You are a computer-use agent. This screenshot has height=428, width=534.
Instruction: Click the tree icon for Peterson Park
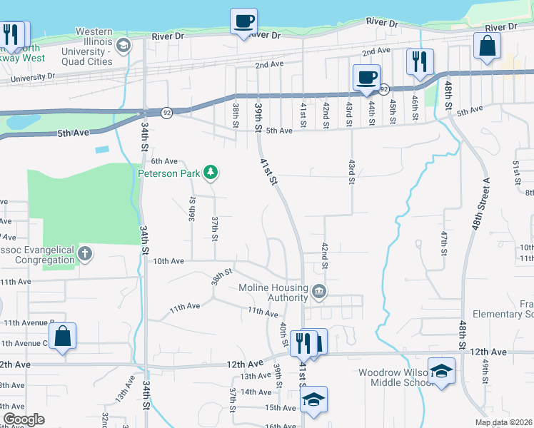(211, 172)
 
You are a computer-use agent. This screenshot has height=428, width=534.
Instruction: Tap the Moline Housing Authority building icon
(319, 290)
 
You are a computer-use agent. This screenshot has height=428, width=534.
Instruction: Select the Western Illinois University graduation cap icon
(124, 46)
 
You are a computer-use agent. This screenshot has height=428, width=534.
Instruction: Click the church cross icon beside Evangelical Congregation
(85, 253)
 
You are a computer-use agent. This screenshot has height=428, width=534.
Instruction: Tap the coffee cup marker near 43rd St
(366, 77)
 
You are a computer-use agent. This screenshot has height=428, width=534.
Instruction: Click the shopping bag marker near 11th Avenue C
(63, 337)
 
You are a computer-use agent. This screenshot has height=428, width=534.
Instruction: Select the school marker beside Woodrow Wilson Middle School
(441, 371)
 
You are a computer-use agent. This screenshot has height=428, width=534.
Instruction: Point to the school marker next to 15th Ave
(313, 399)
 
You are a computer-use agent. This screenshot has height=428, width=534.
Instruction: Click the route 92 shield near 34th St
(166, 113)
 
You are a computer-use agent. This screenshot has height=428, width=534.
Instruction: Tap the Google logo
(24, 419)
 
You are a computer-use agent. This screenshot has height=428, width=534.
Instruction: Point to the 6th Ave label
(163, 161)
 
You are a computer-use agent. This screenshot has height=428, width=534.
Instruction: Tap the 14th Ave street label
(256, 392)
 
